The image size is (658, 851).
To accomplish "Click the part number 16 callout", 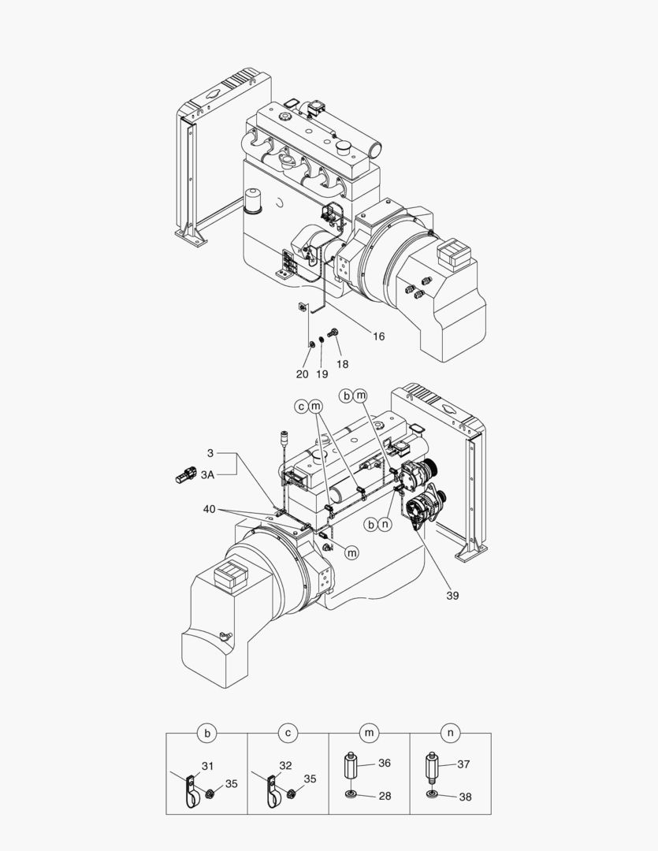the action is coord(378,336).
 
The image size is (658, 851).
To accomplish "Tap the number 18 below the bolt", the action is coord(342,364).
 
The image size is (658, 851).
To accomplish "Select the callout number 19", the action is coord(322,374).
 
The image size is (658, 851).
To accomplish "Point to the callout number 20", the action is coord(302,374).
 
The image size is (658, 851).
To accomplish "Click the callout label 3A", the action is coord(207,475).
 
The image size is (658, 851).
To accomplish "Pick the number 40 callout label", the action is coord(209,509).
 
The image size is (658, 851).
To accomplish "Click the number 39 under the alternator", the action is coord(452,596).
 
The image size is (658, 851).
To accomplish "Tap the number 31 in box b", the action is coord(207,766).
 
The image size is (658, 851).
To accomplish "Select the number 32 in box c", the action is coord(285,765).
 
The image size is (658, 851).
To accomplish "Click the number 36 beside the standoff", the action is coord(385,763).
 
